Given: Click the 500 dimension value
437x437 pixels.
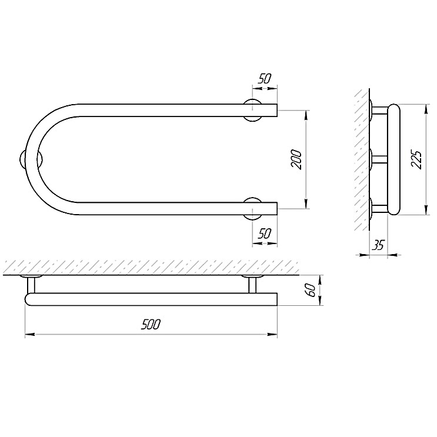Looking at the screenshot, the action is tap(151, 325).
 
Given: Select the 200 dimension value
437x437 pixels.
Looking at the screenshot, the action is tap(296, 160).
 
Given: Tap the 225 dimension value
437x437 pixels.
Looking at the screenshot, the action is tap(416, 159).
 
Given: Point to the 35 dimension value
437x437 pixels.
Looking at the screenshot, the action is tap(378, 245).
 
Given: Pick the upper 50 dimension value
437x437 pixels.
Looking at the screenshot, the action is tap(264, 79).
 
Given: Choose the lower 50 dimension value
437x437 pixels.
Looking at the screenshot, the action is tap(264, 233).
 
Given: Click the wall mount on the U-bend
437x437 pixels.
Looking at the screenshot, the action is tap(31, 159).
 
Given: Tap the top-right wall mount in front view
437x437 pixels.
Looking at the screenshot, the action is tap(252, 110).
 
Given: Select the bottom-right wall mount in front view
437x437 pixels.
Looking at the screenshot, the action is tap(252, 209).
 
